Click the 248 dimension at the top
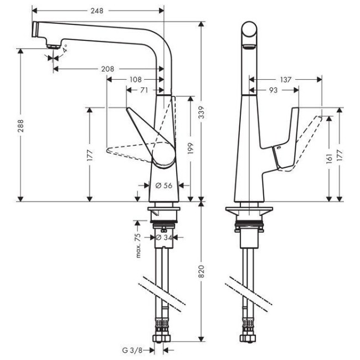point(98,11)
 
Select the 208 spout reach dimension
point(108,69)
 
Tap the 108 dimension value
point(135,79)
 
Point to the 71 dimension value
point(143,90)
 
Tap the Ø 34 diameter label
point(164,238)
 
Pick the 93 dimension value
point(274,90)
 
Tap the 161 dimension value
point(331,158)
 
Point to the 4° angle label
point(65,49)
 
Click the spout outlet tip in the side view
point(51,46)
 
